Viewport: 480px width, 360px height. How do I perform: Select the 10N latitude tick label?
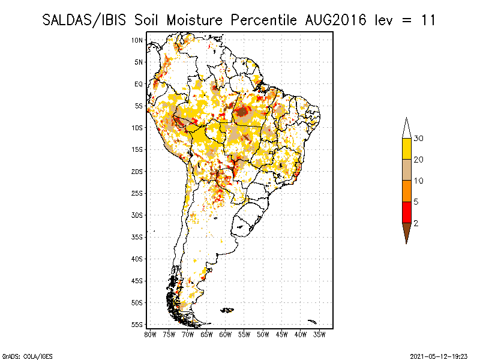pos(137,40)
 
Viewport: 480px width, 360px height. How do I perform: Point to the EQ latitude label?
pos(138,84)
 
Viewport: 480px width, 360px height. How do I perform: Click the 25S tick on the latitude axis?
pos(137,193)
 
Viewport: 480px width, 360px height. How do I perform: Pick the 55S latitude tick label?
pos(137,325)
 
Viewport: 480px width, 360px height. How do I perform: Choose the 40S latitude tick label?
pos(137,259)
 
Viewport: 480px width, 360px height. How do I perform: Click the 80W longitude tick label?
pos(150,334)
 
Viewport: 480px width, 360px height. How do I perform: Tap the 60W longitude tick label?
pos(226,334)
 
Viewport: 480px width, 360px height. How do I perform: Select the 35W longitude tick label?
pos(320,334)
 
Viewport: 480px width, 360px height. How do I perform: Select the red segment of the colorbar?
pos(406,212)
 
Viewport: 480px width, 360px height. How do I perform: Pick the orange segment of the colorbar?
pos(406,191)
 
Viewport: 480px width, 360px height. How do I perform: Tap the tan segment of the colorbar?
pos(406,170)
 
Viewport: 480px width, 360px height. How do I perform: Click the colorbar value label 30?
pos(419,139)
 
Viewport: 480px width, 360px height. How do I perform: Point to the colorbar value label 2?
pos(416,223)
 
